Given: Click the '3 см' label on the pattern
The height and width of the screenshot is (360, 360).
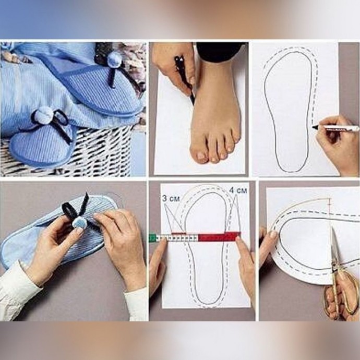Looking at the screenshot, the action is [x=171, y=198].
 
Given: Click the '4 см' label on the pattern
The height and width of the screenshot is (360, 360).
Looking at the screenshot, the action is [x=238, y=190].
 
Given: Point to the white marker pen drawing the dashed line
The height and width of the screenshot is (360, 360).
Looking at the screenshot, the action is [x=335, y=128].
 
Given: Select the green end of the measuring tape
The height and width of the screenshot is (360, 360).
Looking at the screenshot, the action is [x=153, y=238].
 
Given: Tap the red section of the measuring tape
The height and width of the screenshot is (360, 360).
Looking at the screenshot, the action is [x=218, y=237].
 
